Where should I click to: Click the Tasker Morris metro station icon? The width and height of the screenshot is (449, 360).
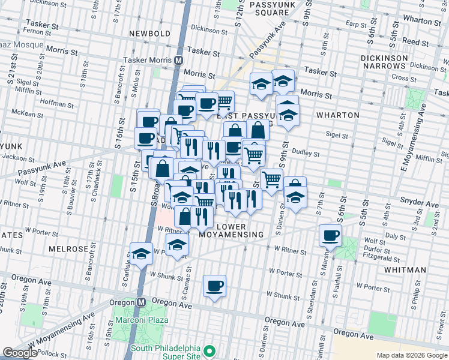click(x=178, y=61)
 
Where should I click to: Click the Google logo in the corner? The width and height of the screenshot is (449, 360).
click(x=20, y=353)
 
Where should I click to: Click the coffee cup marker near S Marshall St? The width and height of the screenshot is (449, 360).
click(x=330, y=235)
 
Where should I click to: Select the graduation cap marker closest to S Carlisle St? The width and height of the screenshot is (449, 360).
click(x=141, y=254)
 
